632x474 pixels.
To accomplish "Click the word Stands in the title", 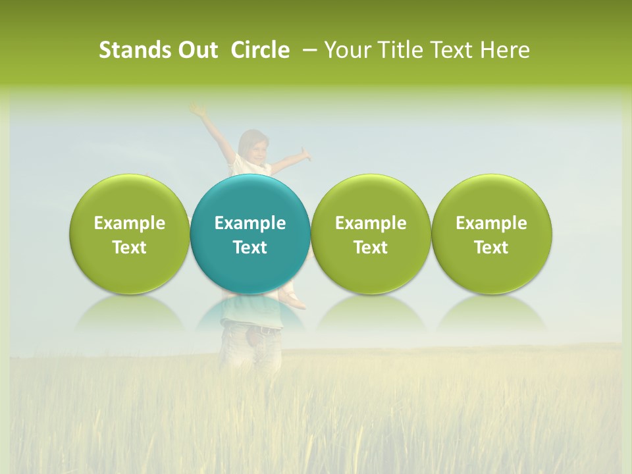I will [x=129, y=50].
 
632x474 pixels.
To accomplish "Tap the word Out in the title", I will [x=196, y=50].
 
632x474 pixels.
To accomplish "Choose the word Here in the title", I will [x=507, y=50].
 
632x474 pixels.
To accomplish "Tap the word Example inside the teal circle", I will [x=250, y=223].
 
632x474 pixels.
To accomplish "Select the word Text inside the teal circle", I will [x=250, y=248].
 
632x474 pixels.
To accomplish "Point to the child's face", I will [x=255, y=149].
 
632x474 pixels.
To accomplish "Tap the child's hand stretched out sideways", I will [x=304, y=155].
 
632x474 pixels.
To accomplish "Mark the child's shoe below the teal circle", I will [x=294, y=302].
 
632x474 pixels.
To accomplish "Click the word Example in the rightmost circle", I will [x=491, y=223].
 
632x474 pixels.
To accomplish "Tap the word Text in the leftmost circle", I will [x=129, y=248].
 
